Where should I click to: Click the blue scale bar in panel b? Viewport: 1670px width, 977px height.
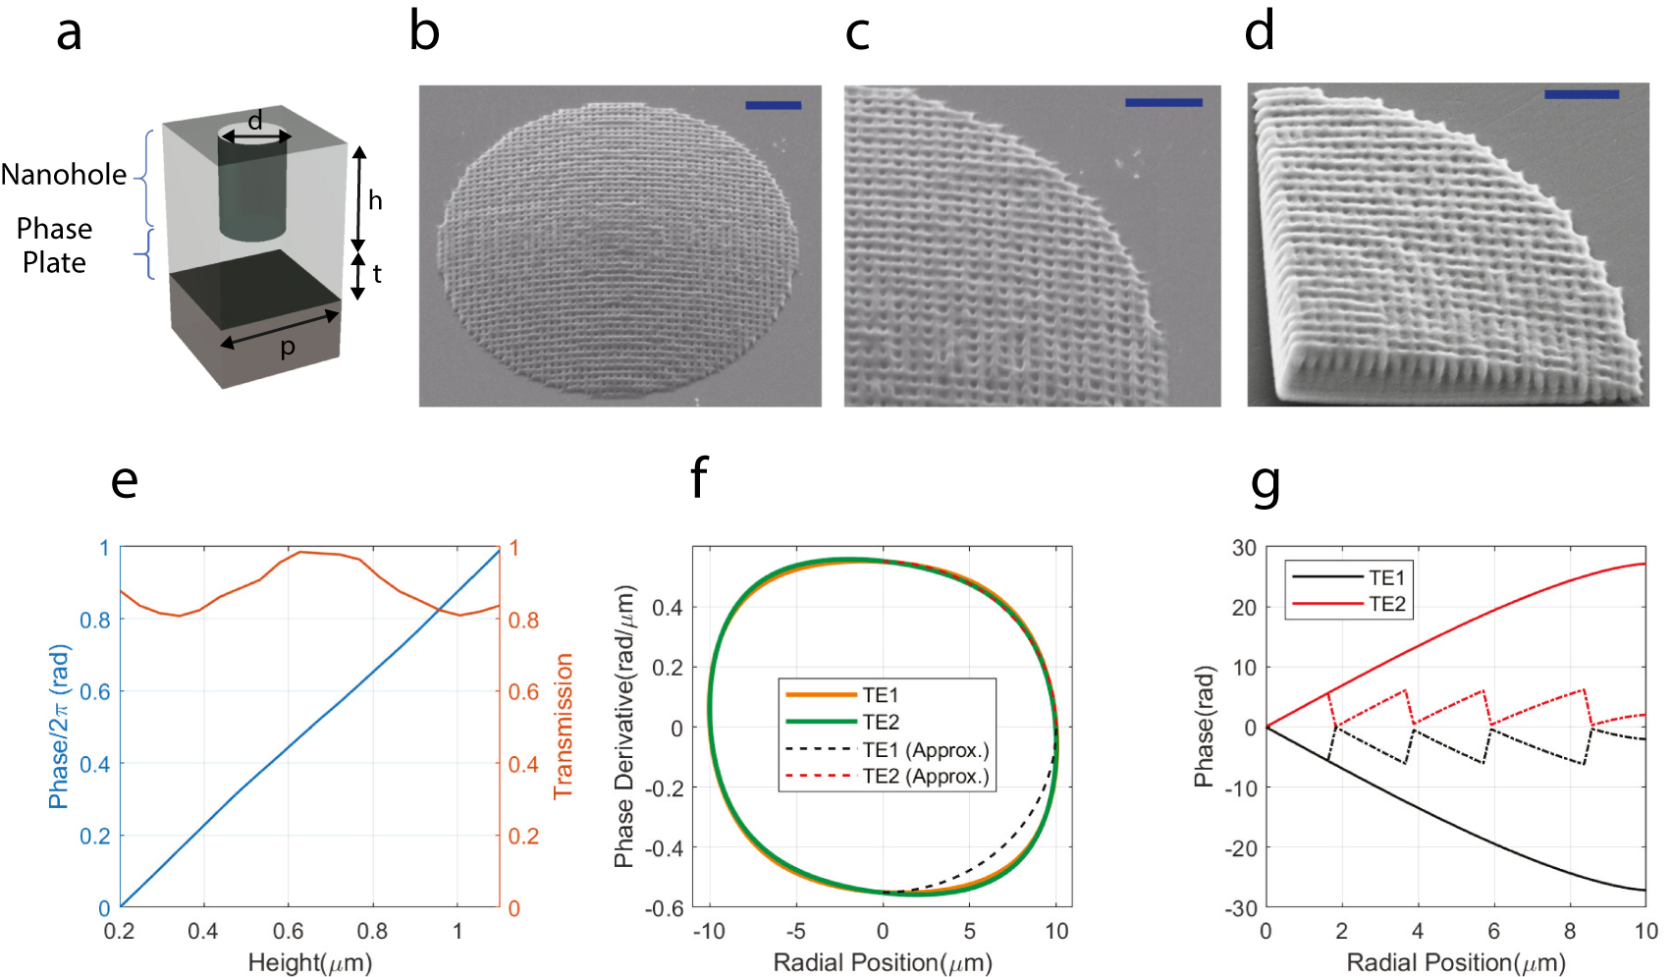tap(773, 105)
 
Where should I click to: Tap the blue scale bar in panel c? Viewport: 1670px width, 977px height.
tap(1163, 102)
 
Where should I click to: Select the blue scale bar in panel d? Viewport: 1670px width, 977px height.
tap(1581, 94)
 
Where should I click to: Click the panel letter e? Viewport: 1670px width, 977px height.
tap(125, 481)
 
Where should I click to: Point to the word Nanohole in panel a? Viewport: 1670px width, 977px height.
tap(64, 175)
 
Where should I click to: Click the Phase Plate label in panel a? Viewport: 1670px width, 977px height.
tap(54, 245)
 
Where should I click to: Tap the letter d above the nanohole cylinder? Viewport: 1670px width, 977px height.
tap(255, 121)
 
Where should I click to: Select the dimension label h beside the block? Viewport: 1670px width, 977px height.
tap(375, 200)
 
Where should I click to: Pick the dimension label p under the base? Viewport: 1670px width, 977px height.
tap(288, 348)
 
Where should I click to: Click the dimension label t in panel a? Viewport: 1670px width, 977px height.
tap(377, 274)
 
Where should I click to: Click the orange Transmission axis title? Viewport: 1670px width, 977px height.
tap(563, 726)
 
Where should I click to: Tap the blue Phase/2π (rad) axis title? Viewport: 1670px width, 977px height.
tap(59, 726)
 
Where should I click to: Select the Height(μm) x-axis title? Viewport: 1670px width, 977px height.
tap(309, 962)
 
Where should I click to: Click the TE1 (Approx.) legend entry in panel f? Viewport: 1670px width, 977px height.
tap(925, 750)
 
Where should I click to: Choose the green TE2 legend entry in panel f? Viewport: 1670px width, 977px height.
tap(880, 723)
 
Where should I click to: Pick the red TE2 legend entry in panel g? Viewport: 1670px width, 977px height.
tap(1386, 604)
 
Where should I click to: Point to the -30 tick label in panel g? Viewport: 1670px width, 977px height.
tap(1242, 908)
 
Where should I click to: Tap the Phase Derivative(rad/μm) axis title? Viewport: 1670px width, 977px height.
tap(624, 727)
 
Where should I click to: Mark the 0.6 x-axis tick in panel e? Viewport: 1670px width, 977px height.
tap(288, 931)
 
